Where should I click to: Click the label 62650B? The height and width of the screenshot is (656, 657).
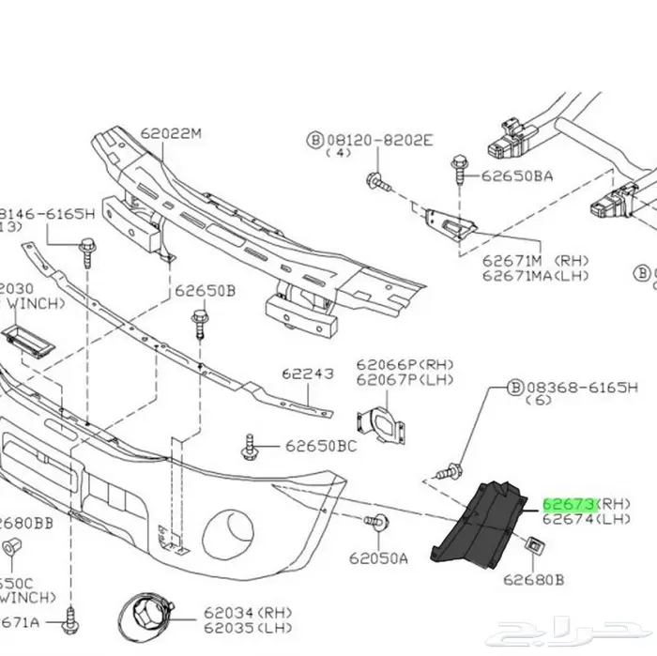(204, 291)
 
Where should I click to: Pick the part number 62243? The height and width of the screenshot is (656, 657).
(308, 373)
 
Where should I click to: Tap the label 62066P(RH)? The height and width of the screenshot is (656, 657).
(403, 364)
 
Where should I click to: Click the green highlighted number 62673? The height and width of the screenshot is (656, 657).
(568, 504)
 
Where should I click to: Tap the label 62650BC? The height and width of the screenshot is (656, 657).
(320, 446)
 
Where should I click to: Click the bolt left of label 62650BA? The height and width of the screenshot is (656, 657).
(458, 170)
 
